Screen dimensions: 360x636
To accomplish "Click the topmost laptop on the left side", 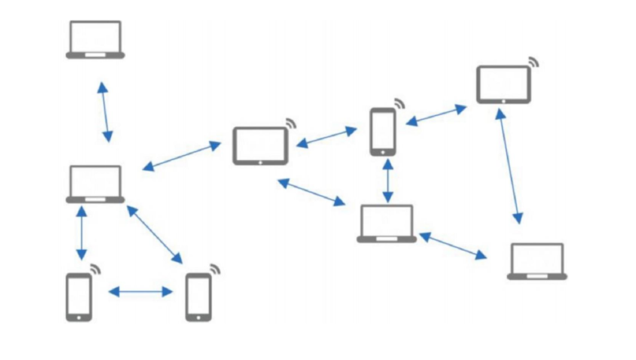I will pos(96,39).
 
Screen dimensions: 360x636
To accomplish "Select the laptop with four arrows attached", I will pos(96,184).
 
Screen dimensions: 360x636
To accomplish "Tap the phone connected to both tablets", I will pos(383,131).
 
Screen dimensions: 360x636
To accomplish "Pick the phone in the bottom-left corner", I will pos(79,296).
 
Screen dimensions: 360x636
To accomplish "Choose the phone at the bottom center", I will pos(198,296).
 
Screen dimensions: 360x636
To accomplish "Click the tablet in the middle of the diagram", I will pos(260,146).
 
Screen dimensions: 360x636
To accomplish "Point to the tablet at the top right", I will pos(504,84).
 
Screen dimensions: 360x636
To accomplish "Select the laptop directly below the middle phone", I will pos(387,223).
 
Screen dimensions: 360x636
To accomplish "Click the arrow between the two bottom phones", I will pos(140,291).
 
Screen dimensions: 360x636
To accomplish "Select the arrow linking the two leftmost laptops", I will pos(104,112).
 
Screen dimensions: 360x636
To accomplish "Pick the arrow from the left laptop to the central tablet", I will pos(181,156).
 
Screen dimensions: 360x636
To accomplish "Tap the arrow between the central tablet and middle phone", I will pos(327,136).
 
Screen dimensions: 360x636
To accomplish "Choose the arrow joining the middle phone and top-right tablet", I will pos(437,114).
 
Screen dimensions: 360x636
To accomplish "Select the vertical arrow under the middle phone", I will pos(388,180).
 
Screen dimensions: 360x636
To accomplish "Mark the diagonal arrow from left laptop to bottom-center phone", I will pos(155,234).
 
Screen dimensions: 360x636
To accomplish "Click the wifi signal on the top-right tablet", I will pos(534,62).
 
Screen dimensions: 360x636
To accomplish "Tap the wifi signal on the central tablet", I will pos(290,123).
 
